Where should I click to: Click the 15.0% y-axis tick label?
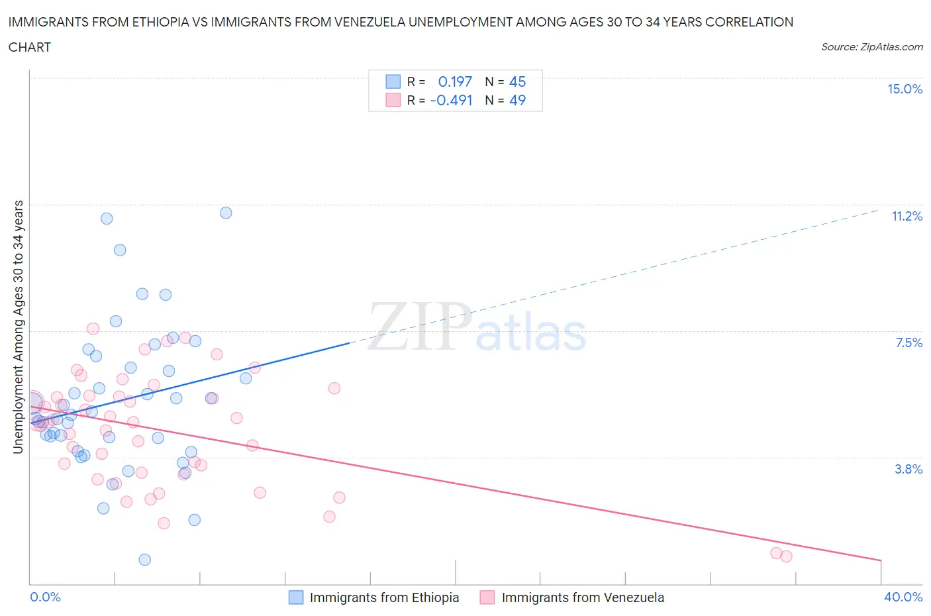pyautogui.click(x=905, y=89)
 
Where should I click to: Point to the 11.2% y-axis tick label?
pyautogui.click(x=906, y=216)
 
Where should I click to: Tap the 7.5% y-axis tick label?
pyautogui.click(x=908, y=342)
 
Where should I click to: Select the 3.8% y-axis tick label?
pyautogui.click(x=908, y=469)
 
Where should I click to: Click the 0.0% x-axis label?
pyautogui.click(x=45, y=597)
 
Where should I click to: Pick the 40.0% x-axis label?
pyautogui.click(x=903, y=597)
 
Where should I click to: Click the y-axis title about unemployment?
pyautogui.click(x=18, y=327)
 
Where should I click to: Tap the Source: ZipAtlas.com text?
pyautogui.click(x=871, y=47)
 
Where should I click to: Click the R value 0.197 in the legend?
pyautogui.click(x=455, y=81)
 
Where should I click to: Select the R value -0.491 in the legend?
pyautogui.click(x=451, y=100)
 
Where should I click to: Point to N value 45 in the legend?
pyautogui.click(x=517, y=81)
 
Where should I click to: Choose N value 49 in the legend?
pyautogui.click(x=517, y=100)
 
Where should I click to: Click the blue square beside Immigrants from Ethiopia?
pyautogui.click(x=296, y=597)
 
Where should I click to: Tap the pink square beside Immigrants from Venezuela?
pyautogui.click(x=487, y=597)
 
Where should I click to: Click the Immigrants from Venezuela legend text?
pyautogui.click(x=583, y=597)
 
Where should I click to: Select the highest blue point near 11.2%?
pyautogui.click(x=226, y=213)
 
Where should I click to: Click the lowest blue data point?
pyautogui.click(x=145, y=560)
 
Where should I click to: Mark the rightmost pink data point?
pyautogui.click(x=786, y=556)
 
